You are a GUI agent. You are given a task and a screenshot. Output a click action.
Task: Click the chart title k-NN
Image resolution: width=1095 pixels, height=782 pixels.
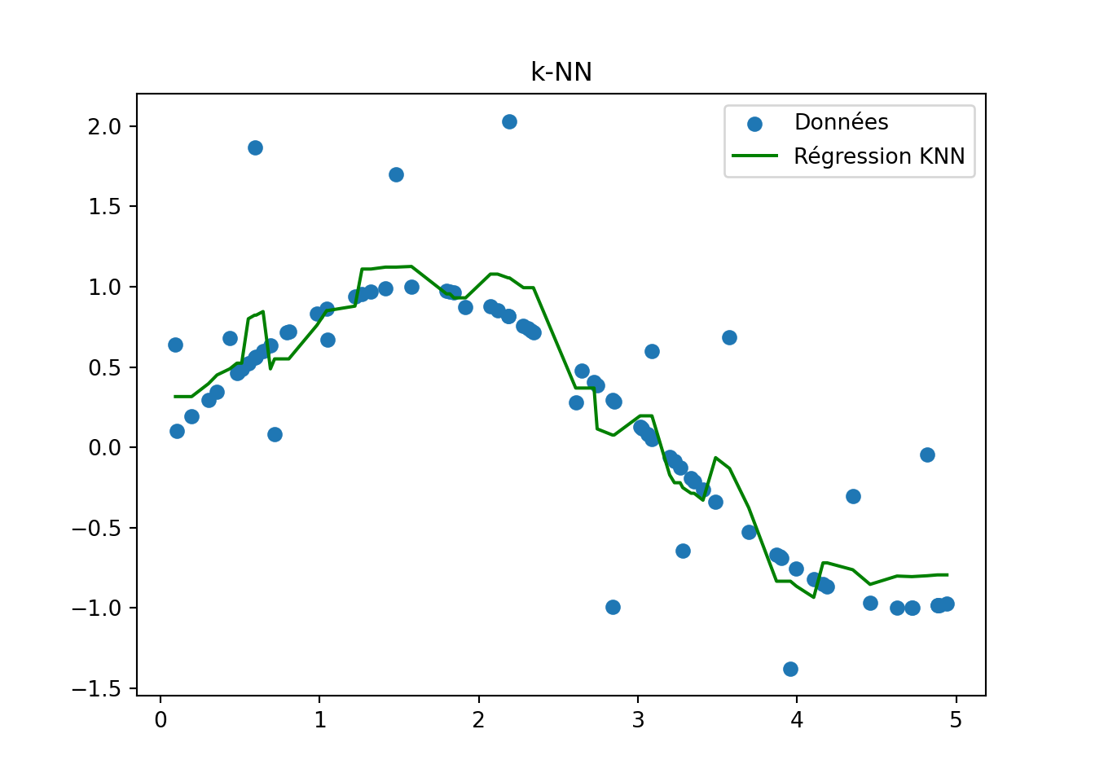(561, 72)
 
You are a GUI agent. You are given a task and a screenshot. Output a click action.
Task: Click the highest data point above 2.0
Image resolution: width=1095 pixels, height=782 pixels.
(509, 121)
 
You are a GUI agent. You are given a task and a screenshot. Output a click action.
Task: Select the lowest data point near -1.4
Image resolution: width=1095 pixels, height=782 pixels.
(790, 669)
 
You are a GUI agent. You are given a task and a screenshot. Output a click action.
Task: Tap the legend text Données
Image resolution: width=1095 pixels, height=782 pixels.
(841, 122)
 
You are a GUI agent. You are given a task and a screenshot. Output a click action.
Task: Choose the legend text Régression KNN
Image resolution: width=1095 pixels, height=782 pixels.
(879, 156)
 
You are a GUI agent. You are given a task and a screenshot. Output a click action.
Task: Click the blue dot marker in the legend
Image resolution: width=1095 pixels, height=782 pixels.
(754, 124)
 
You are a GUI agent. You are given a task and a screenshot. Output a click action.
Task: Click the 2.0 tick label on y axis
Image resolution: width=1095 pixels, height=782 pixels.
(104, 126)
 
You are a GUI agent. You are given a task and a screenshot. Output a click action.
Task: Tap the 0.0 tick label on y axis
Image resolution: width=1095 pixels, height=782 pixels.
(104, 448)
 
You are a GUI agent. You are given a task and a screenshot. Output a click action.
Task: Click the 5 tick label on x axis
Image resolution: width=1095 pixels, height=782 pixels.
(956, 721)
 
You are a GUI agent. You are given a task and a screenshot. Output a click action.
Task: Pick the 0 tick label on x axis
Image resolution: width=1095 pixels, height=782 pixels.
(161, 721)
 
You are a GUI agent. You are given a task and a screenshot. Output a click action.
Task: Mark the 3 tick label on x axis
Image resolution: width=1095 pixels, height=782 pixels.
(638, 721)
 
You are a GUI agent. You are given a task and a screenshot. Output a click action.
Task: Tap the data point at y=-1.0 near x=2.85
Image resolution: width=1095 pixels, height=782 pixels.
(613, 607)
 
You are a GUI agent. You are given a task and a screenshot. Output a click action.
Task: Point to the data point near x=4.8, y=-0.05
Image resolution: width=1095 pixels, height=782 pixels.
(927, 455)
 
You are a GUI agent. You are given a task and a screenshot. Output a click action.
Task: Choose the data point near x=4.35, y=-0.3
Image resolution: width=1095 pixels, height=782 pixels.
(853, 496)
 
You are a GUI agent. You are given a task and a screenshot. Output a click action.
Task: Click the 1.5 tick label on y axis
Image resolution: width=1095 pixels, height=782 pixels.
(104, 207)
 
